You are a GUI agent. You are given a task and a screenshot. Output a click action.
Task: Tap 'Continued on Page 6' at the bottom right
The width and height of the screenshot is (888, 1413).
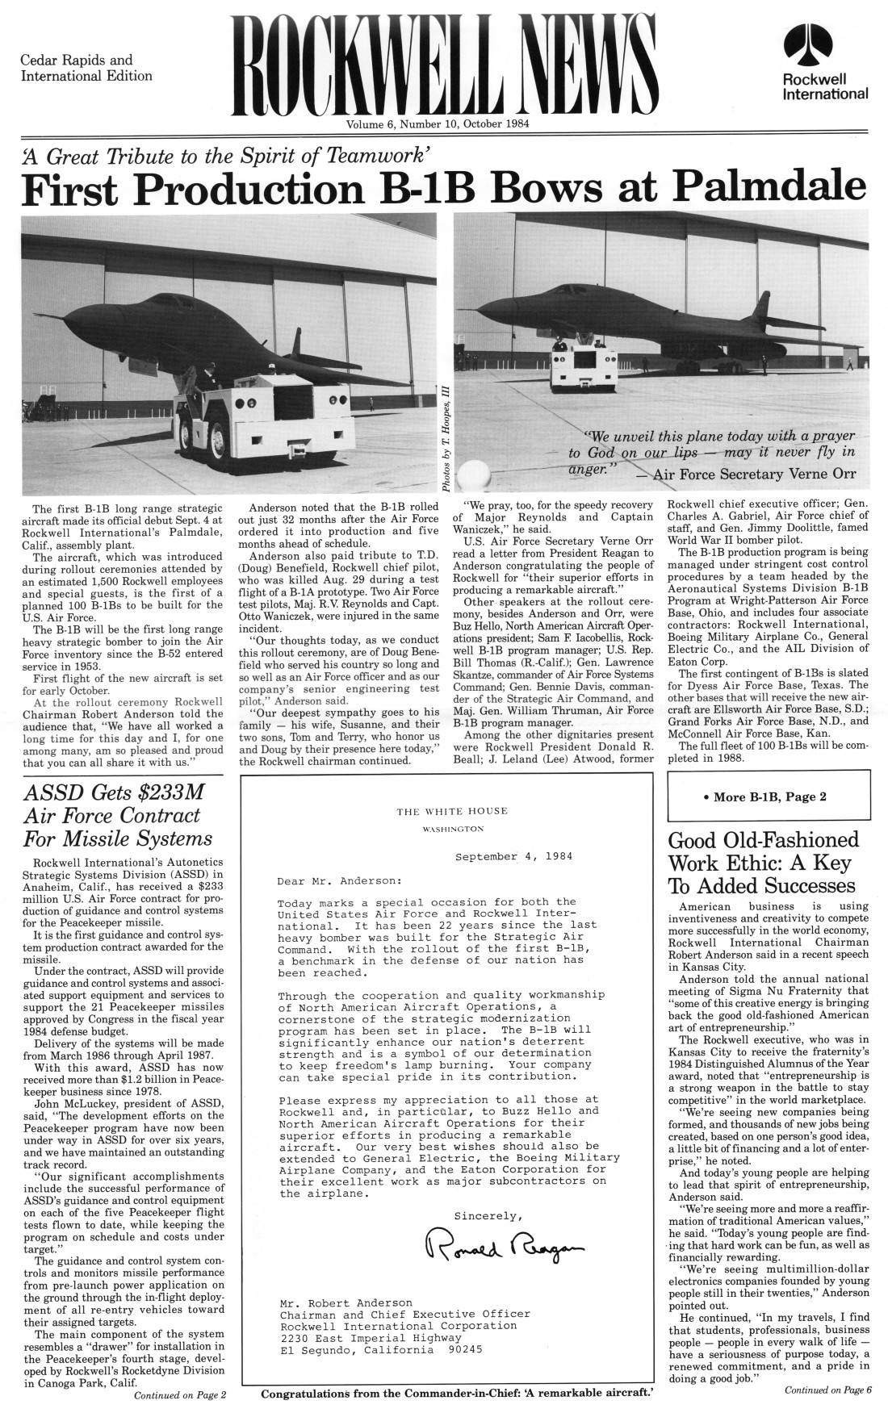(827, 1389)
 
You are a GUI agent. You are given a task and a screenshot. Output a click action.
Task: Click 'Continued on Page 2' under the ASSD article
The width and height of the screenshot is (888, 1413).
(179, 1394)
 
